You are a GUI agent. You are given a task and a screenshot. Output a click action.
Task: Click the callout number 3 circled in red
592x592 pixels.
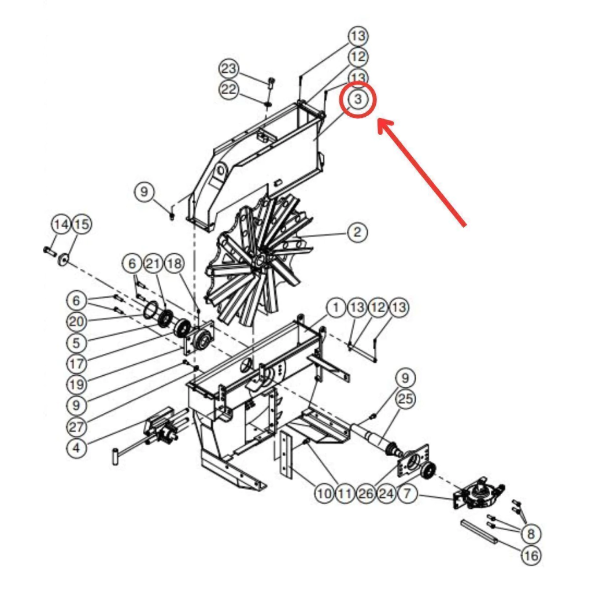click(x=357, y=99)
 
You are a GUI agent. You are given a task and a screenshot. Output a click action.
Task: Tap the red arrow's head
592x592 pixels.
click(x=386, y=128)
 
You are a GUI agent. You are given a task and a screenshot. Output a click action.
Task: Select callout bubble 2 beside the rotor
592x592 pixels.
click(x=357, y=232)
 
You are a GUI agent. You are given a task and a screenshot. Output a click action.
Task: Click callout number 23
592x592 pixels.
click(x=229, y=69)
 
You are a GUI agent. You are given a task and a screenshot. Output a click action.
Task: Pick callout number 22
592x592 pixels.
click(x=229, y=90)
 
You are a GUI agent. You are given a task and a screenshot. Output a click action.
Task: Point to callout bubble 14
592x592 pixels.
click(x=61, y=224)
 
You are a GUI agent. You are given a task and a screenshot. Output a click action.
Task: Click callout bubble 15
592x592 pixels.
click(x=82, y=224)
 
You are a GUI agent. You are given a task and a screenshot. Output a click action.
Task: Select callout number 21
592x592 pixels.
click(x=153, y=263)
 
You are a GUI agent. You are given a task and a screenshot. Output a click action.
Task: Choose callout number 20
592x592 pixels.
click(x=76, y=321)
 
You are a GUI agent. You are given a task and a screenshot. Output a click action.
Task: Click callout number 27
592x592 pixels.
click(x=76, y=427)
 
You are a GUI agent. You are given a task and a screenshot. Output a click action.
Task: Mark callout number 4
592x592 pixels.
click(x=76, y=448)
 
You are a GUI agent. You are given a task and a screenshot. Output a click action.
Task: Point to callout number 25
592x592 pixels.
click(x=405, y=399)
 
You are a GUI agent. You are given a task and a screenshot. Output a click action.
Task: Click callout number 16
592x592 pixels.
click(x=531, y=556)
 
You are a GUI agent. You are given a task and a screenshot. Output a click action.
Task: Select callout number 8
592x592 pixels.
click(x=531, y=534)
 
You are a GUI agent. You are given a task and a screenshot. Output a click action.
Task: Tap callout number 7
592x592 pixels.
click(x=407, y=493)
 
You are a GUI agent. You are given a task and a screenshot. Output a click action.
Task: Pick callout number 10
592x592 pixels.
click(x=324, y=493)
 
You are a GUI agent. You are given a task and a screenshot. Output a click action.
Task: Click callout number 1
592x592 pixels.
click(x=336, y=308)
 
